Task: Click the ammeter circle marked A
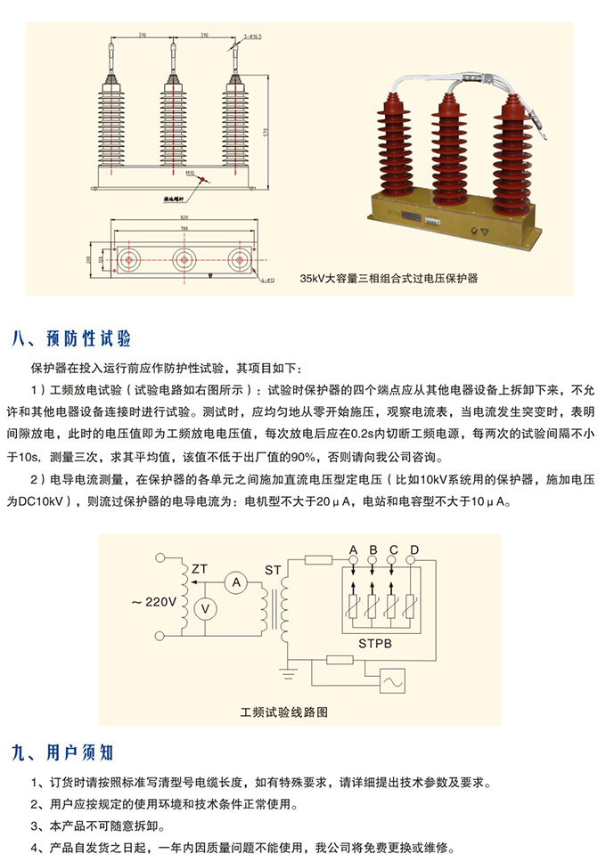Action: tap(236, 583)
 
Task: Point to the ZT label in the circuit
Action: tap(200, 567)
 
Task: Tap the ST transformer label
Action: tap(272, 568)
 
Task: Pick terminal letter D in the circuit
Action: tap(414, 548)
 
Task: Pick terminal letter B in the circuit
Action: tap(373, 548)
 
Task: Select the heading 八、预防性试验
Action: tap(72, 339)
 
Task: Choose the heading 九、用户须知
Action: tap(63, 752)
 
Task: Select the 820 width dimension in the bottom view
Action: tap(184, 218)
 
